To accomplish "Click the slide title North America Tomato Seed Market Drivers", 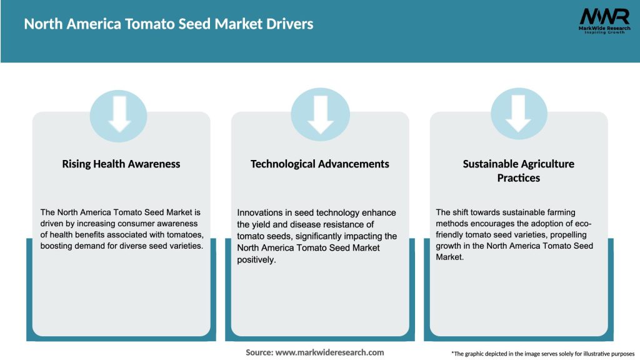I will coord(169,24).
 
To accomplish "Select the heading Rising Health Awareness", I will coord(121,164).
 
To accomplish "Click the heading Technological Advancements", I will coord(320,164).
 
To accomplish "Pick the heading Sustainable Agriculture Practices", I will coord(519,171).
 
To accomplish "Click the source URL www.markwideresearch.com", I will coord(330,352).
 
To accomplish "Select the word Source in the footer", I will coord(259,352).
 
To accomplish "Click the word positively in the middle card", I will coord(256,259).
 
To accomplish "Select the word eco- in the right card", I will coord(581,224).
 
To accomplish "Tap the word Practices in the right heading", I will coord(519,178).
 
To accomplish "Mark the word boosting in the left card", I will coord(58,246).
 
